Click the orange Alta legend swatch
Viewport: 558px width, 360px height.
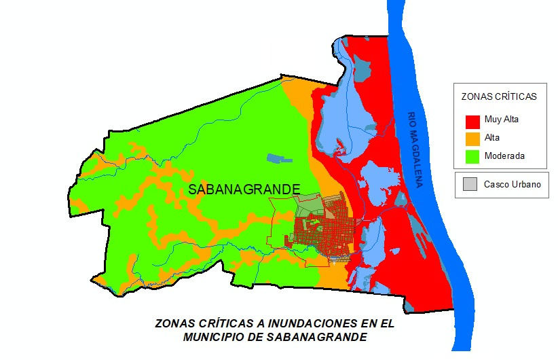(472, 139)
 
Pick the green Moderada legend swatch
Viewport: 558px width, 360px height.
(472, 156)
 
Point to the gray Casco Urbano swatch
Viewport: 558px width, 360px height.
(469, 184)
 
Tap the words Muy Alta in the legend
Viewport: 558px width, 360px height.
(502, 120)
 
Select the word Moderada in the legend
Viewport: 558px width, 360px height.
(504, 156)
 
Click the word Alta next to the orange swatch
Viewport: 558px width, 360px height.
(492, 139)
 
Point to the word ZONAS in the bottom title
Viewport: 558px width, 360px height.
(174, 324)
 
